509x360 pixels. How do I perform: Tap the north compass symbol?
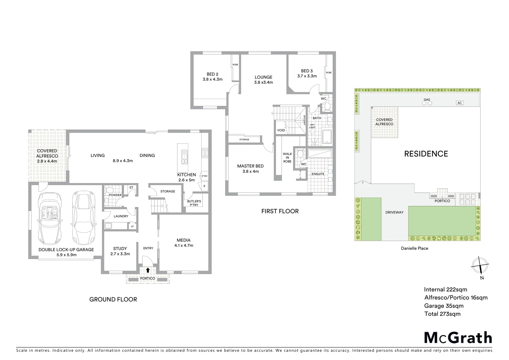(480, 266)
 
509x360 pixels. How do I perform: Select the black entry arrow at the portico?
(148, 270)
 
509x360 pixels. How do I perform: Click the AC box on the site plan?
(459, 103)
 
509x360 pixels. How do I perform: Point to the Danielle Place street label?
(414, 248)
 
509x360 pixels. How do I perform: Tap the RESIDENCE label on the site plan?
(426, 154)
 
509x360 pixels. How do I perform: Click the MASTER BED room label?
(250, 166)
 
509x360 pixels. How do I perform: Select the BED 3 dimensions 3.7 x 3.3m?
(307, 76)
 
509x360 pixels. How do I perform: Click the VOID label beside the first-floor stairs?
(281, 130)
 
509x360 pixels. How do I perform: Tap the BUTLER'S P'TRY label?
(194, 203)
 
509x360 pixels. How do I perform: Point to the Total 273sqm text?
(442, 314)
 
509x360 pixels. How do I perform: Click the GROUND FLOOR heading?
(113, 299)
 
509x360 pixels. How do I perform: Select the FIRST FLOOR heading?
(280, 211)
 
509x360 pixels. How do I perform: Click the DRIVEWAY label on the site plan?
(394, 212)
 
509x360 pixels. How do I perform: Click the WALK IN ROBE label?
(287, 158)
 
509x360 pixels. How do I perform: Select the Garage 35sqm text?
(443, 306)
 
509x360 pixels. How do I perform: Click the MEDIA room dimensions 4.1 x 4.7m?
(184, 245)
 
